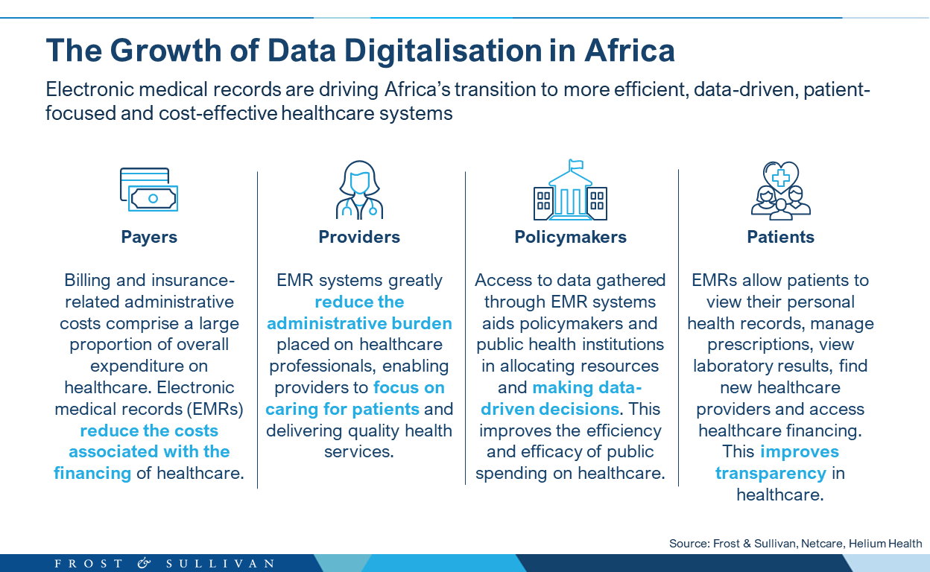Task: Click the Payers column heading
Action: click(x=149, y=237)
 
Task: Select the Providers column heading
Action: click(x=359, y=237)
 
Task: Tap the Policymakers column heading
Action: click(x=570, y=237)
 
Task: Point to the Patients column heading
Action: click(x=780, y=237)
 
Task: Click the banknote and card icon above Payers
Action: click(x=149, y=189)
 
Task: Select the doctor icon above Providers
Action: click(x=359, y=190)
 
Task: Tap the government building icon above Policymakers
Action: click(x=570, y=190)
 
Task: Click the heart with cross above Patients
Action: click(x=781, y=177)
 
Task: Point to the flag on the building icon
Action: click(x=576, y=165)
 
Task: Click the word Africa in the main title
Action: click(x=630, y=51)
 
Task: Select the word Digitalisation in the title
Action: click(x=443, y=51)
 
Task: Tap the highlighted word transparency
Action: click(x=771, y=474)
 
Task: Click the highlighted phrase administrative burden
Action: click(x=359, y=323)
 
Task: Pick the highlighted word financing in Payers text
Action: click(x=92, y=474)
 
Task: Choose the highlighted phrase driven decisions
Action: click(x=550, y=410)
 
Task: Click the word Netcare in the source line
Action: click(x=822, y=544)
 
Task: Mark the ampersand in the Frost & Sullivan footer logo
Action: click(x=144, y=563)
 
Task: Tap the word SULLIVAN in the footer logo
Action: click(x=220, y=564)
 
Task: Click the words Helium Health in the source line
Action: click(x=885, y=544)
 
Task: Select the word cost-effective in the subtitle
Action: click(x=218, y=113)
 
